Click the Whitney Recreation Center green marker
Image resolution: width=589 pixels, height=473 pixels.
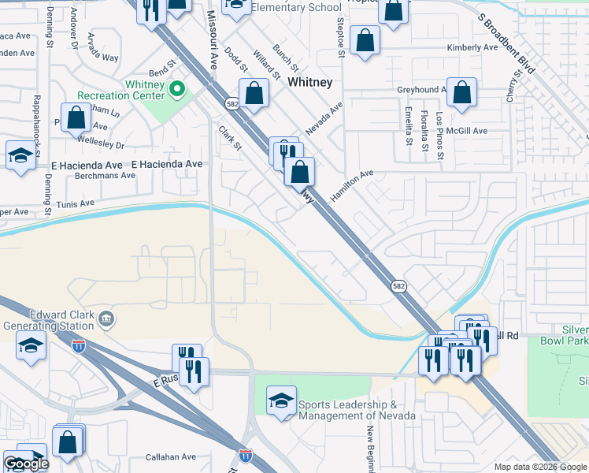coord(177,89)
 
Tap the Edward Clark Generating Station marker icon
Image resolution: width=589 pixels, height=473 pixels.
coord(106,319)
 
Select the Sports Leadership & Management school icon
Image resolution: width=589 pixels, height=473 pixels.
coord(281,400)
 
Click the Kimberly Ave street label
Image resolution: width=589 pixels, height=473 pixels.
coord(472,47)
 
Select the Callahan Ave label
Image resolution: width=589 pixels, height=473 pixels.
coord(170,457)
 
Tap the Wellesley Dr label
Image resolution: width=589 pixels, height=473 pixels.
coord(101,145)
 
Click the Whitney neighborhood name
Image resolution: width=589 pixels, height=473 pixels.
coord(310,81)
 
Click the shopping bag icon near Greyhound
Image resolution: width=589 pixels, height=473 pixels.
coord(462,92)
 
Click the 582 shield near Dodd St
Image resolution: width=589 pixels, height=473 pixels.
coord(232,103)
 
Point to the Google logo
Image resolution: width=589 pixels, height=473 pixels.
coord(26,464)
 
